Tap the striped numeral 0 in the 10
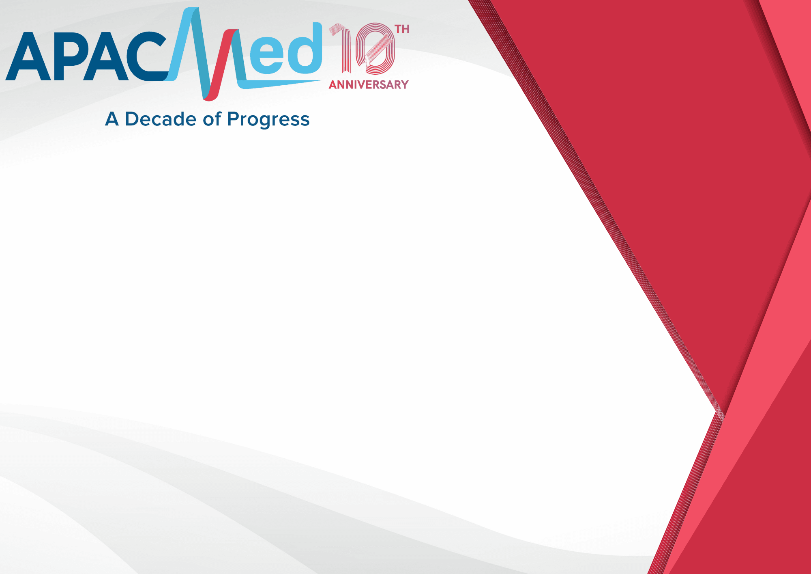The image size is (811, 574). (375, 49)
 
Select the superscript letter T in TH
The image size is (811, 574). (399, 29)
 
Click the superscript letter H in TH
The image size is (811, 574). (406, 29)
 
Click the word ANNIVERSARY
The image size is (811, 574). (369, 84)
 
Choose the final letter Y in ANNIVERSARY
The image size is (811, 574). (404, 84)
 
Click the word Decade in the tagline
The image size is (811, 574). (161, 119)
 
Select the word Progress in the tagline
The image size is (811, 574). (268, 120)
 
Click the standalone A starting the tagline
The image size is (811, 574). (112, 119)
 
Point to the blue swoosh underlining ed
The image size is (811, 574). (280, 84)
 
